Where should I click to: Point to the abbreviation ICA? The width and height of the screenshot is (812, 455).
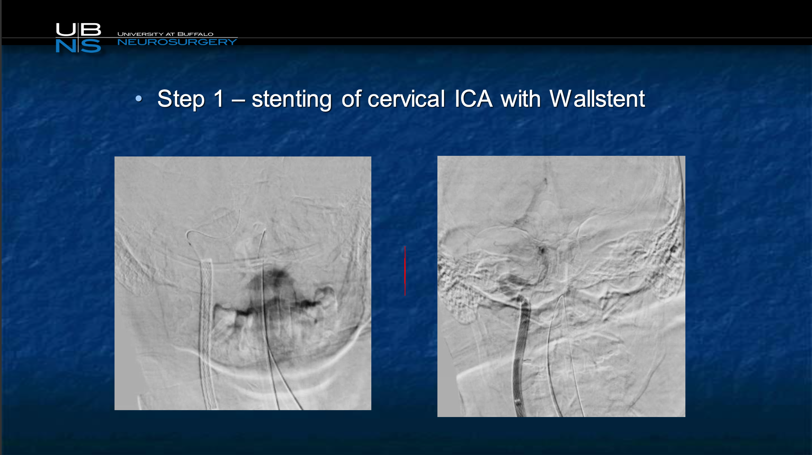(x=473, y=98)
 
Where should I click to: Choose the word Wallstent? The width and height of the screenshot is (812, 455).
(x=597, y=98)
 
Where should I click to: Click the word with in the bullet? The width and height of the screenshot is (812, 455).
(x=521, y=98)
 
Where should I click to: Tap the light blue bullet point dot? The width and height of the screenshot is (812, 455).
(x=139, y=98)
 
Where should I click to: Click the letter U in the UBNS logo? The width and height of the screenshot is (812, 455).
(x=66, y=29)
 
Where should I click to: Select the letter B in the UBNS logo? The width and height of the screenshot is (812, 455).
(x=90, y=29)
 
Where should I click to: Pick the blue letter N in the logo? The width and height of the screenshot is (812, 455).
(x=66, y=46)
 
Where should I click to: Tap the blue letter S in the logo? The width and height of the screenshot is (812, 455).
(x=91, y=46)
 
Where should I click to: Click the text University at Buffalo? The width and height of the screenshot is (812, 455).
(x=165, y=34)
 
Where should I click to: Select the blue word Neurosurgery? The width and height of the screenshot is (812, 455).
(x=177, y=42)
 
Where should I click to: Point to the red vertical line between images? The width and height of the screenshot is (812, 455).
(x=405, y=271)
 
